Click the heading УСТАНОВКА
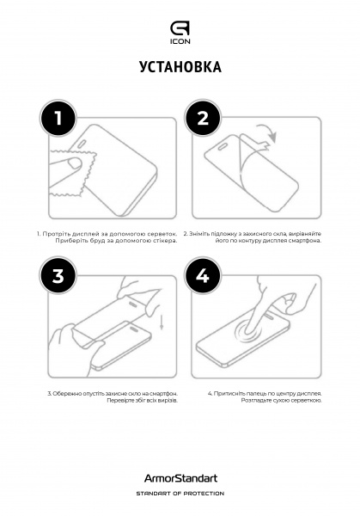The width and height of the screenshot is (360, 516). click(180, 68)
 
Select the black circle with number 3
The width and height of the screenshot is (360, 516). click(58, 275)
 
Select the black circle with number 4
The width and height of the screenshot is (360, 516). click(203, 275)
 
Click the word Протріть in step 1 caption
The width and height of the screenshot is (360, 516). click(57, 233)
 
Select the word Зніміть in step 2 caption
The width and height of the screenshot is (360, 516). click(203, 233)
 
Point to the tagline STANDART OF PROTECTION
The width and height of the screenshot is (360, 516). click(180, 494)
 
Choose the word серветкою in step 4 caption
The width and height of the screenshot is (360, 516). click(306, 401)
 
